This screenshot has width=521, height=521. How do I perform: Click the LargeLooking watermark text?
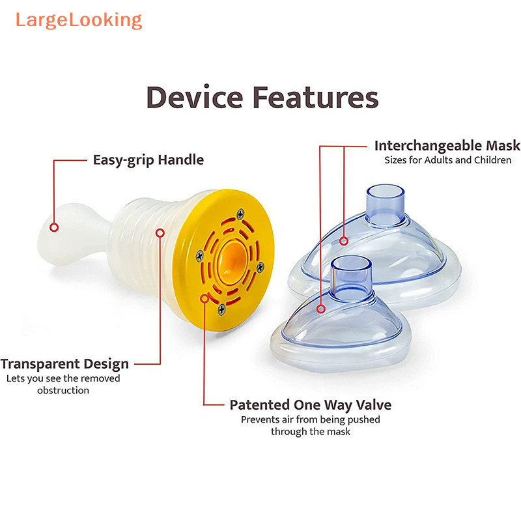click(x=78, y=20)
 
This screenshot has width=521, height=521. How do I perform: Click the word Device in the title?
click(x=193, y=98)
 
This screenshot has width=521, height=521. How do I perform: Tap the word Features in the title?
click(x=315, y=98)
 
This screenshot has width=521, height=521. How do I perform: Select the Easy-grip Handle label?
click(x=148, y=160)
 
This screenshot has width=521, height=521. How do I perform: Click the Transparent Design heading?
click(x=64, y=363)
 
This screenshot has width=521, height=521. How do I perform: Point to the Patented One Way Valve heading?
click(x=310, y=404)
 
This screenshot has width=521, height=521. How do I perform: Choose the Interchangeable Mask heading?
click(x=447, y=145)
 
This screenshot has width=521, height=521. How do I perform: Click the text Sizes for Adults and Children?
click(x=447, y=160)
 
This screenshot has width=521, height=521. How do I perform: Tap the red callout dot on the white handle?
click(x=55, y=228)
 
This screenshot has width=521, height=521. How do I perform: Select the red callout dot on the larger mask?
click(x=343, y=242)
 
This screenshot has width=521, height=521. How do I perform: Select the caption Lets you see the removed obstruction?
click(x=63, y=384)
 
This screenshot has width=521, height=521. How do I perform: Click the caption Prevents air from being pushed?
click(x=310, y=419)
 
